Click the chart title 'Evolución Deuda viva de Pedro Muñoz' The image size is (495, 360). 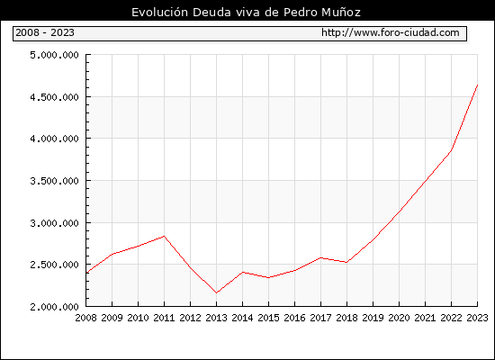[x=246, y=13]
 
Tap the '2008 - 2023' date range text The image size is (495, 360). [x=45, y=32]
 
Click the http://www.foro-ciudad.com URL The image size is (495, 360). [x=391, y=32]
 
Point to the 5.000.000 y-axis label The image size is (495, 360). [x=54, y=55]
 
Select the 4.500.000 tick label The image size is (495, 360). [x=54, y=97]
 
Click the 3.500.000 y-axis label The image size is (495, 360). [x=54, y=181]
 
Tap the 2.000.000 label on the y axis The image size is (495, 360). [x=54, y=307]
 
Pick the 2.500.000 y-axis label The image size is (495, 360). [x=54, y=265]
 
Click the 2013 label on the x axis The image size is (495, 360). [x=216, y=318]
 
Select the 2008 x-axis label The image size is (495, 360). [x=85, y=318]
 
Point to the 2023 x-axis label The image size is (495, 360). [x=477, y=318]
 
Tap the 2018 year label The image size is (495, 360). [x=346, y=318]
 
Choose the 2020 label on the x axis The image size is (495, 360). [x=399, y=318]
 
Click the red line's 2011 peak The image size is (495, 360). [x=164, y=236]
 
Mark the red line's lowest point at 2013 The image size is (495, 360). [x=216, y=293]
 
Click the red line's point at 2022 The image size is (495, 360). [x=451, y=150]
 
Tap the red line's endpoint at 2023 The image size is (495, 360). [x=477, y=85]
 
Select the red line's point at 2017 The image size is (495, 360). [x=320, y=257]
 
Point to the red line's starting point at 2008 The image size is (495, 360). [x=86, y=273]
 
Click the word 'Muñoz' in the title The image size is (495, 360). [x=341, y=13]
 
